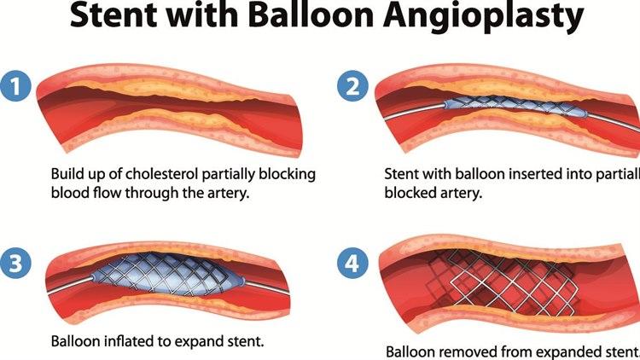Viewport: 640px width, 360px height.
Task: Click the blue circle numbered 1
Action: [15, 85]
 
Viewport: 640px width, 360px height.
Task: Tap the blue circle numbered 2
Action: [353, 85]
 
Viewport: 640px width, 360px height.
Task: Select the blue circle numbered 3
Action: [15, 263]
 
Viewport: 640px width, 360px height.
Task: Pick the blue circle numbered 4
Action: [352, 264]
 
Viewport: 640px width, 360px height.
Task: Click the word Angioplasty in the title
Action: [483, 16]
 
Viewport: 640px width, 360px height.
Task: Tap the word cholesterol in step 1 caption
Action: [161, 174]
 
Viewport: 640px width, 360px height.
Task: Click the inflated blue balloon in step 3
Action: [167, 274]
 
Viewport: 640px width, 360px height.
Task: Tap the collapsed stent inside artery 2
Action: [515, 106]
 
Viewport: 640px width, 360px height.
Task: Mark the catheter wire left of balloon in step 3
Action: [69, 285]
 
